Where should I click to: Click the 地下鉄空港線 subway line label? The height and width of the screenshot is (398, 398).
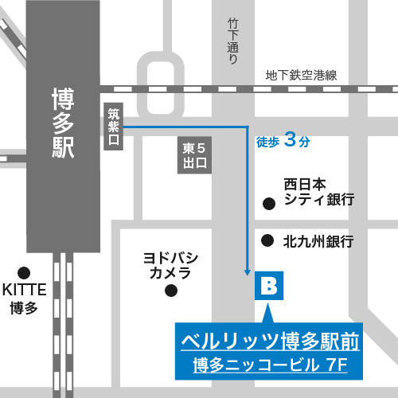coord(302,76)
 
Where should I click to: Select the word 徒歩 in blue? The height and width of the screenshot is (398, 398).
coord(267,142)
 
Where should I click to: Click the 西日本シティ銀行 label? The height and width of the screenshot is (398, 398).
coord(318,192)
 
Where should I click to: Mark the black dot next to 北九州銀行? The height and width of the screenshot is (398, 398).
coord(269,240)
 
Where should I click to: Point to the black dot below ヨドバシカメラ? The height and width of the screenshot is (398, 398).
coord(170,292)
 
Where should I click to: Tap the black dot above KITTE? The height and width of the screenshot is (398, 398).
coord(25,271)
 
